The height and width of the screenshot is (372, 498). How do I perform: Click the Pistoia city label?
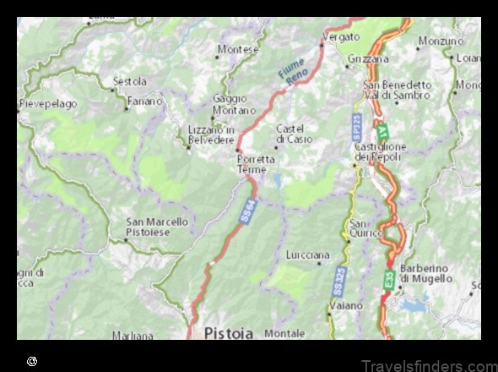point(228,333)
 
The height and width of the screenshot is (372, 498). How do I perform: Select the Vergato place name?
point(342,37)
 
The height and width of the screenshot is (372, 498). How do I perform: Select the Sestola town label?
point(129,82)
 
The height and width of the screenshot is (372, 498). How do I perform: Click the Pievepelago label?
point(48,104)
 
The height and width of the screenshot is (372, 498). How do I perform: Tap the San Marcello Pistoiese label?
point(157,227)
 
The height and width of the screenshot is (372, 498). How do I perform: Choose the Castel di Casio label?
point(294,134)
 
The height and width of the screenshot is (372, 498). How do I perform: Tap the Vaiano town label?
point(346,305)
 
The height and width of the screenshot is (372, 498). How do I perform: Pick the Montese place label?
point(239,50)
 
